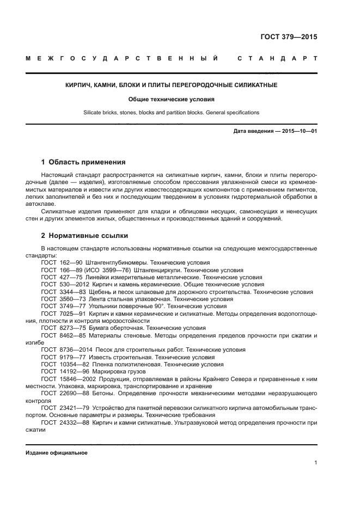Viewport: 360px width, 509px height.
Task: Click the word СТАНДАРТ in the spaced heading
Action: (x=277, y=58)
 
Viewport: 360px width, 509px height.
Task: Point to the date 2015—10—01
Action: (x=298, y=132)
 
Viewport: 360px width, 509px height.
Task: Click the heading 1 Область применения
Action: (x=83, y=162)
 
